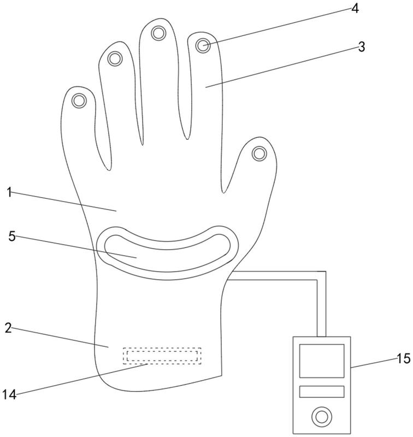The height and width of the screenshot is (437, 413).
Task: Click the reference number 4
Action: (356, 10)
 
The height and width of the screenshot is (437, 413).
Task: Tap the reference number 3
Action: (361, 46)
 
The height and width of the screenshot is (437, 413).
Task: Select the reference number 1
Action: (9, 192)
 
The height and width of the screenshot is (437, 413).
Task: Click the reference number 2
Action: (8, 328)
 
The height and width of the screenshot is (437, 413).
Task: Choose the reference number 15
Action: (403, 359)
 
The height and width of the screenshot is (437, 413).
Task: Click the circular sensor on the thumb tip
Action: (259, 153)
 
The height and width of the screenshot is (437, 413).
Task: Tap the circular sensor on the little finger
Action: (80, 101)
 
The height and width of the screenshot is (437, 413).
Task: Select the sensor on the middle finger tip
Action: (159, 34)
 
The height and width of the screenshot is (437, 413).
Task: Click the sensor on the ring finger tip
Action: (115, 58)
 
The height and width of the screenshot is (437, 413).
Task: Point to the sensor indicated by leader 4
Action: (203, 45)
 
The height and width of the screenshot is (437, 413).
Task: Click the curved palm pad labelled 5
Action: (167, 254)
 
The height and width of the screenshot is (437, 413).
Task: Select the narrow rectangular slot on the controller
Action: (321, 391)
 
